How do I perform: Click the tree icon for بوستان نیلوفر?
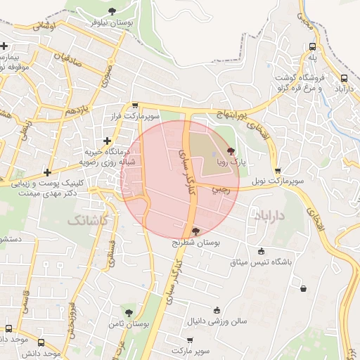click(x=112, y=11)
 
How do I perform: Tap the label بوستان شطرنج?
click(x=196, y=242)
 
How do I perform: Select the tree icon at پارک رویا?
click(x=232, y=151)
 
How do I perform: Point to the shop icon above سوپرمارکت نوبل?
click(x=278, y=170)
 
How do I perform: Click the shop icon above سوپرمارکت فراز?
click(x=135, y=105)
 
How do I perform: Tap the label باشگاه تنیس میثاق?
click(x=261, y=262)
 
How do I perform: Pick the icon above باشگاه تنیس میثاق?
click(x=262, y=251)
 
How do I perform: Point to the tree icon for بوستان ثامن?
click(x=129, y=311)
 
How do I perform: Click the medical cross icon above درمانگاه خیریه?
click(x=107, y=141)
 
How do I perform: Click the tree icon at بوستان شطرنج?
click(x=195, y=231)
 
